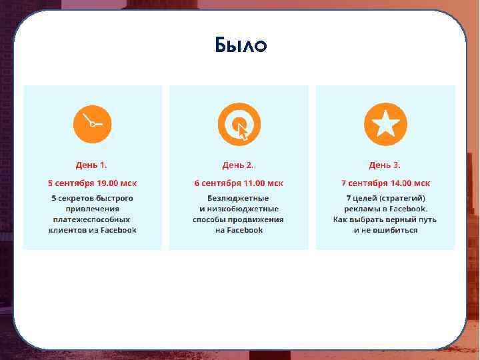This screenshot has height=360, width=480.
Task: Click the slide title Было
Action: tap(241, 45)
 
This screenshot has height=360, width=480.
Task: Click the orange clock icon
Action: tap(92, 124)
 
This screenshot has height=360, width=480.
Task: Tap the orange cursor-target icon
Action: tap(239, 124)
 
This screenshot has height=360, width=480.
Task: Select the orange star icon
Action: tap(385, 124)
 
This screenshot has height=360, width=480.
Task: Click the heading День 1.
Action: tap(91, 165)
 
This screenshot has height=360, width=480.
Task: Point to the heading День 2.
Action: tap(238, 165)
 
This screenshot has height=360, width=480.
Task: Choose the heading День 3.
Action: tap(385, 165)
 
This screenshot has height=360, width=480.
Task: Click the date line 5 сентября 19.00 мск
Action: tap(92, 183)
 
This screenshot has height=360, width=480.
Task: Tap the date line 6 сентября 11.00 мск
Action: tap(239, 183)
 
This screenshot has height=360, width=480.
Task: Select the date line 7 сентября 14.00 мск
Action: tap(385, 183)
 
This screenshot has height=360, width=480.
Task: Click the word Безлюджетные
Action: tap(239, 198)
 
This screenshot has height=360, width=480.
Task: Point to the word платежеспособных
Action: tap(92, 219)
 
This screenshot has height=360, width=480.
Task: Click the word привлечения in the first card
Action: tap(92, 209)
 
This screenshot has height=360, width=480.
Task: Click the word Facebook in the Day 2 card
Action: tap(246, 229)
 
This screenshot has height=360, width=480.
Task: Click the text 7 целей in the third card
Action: tap(361, 198)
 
